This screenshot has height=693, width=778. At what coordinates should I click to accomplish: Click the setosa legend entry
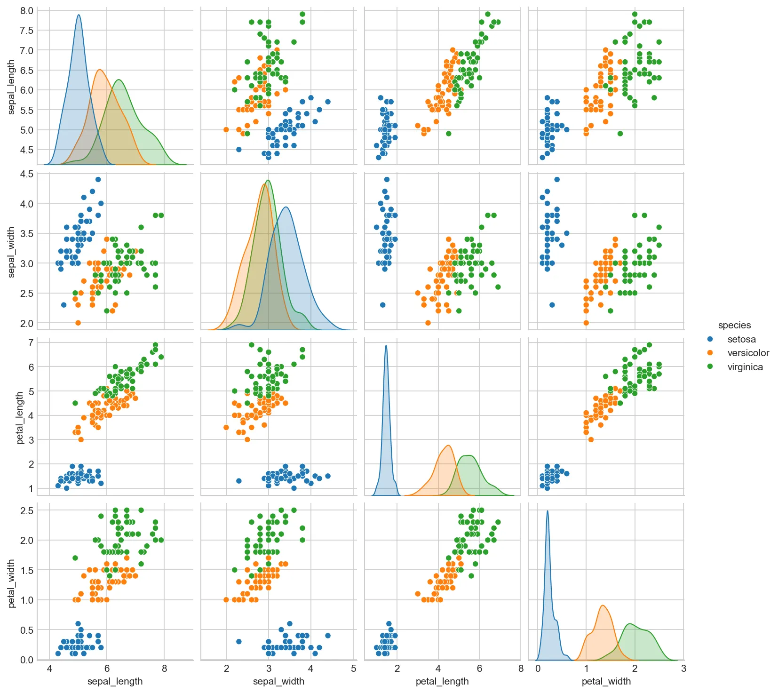point(741,339)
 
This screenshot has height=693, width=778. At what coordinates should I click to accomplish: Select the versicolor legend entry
point(748,353)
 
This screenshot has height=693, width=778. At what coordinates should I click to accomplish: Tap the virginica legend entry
point(745,367)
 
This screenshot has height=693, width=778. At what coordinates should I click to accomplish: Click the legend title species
point(734,325)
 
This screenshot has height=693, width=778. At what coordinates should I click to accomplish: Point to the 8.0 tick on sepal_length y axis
point(27,10)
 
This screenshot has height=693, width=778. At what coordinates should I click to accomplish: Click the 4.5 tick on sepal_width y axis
point(27,174)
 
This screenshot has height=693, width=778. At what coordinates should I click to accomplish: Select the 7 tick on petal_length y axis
point(31,343)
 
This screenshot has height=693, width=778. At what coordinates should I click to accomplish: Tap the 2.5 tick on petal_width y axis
point(27,510)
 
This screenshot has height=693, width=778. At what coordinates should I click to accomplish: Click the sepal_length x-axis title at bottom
point(115,681)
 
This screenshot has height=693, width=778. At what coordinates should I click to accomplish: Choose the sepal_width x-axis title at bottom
point(278,681)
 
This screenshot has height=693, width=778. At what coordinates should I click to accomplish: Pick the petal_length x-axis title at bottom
point(442,681)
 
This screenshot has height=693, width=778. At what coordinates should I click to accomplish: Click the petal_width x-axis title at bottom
point(606,681)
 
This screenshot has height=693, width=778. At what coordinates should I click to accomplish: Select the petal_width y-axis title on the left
point(12,583)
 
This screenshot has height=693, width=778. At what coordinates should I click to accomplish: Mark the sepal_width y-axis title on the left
point(12,252)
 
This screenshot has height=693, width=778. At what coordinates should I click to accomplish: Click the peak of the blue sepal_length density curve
point(79,15)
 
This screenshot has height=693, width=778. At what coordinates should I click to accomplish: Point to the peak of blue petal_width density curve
point(548,511)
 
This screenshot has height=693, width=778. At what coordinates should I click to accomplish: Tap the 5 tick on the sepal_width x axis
point(353,669)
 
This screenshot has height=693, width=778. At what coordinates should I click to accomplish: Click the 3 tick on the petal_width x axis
point(683,669)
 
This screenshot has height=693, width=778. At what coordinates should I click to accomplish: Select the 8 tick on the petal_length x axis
point(521,669)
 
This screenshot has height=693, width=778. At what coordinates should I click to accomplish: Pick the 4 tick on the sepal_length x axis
point(50,669)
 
